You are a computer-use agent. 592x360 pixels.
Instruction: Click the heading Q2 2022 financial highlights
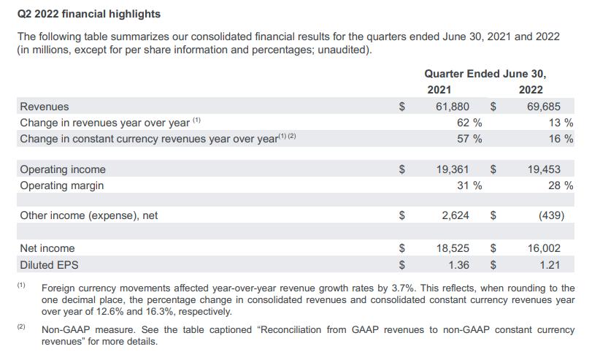tap(89, 14)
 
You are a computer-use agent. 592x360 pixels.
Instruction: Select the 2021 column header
tap(439, 90)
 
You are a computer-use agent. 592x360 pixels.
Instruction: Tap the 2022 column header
tap(531, 90)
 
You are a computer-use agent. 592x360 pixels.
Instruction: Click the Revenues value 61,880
tap(453, 106)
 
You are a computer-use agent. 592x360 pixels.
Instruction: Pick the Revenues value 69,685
tap(544, 106)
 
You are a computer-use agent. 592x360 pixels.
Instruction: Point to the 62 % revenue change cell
tap(469, 122)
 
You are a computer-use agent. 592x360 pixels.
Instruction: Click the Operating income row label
tap(63, 169)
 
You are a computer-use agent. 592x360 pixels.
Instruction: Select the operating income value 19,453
tap(544, 169)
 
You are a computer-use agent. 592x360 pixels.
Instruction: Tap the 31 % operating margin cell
tap(469, 185)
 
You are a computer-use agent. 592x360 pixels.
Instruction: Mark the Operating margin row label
tap(62, 185)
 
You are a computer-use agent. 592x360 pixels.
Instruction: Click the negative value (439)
tap(549, 215)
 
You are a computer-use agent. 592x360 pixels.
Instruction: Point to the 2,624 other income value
tap(455, 215)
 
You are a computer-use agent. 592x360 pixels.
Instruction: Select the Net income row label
tap(47, 248)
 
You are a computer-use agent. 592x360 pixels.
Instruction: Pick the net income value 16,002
tap(544, 248)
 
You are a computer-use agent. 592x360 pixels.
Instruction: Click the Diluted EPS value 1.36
tap(459, 264)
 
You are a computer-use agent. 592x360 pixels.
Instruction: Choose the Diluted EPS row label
tap(49, 264)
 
